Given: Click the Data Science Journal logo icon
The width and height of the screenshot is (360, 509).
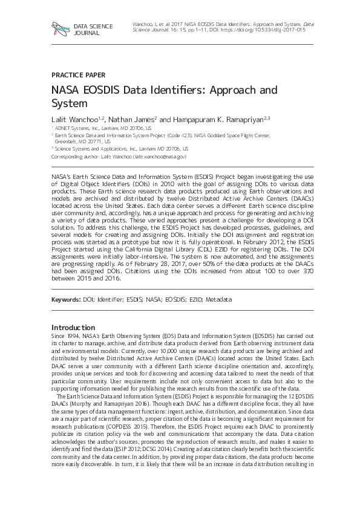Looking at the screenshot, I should [x=60, y=28].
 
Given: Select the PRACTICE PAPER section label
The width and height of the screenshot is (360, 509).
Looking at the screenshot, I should [x=78, y=75].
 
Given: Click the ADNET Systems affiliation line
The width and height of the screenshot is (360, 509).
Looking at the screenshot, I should [x=102, y=129].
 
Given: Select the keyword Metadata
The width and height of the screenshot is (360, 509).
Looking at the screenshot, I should [x=218, y=300].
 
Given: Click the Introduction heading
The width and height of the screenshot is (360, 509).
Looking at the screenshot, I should [x=73, y=327].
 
